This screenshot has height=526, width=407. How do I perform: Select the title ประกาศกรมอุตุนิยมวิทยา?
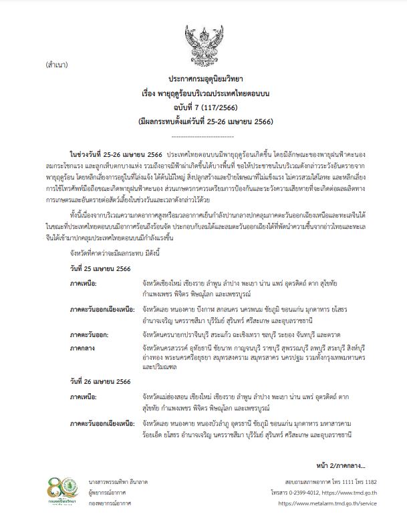[202, 77]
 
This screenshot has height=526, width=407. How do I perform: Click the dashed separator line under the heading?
[202, 134]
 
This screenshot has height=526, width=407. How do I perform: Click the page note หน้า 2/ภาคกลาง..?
[346, 465]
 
